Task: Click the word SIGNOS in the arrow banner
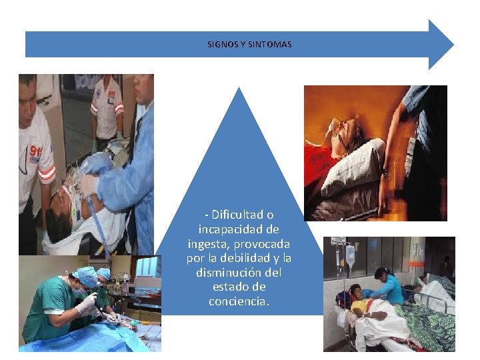(219, 45)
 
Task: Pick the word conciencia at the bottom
(239, 301)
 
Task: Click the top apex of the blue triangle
(239, 89)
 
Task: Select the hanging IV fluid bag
(350, 257)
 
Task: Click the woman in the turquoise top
(387, 287)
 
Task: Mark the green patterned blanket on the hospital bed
(424, 324)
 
